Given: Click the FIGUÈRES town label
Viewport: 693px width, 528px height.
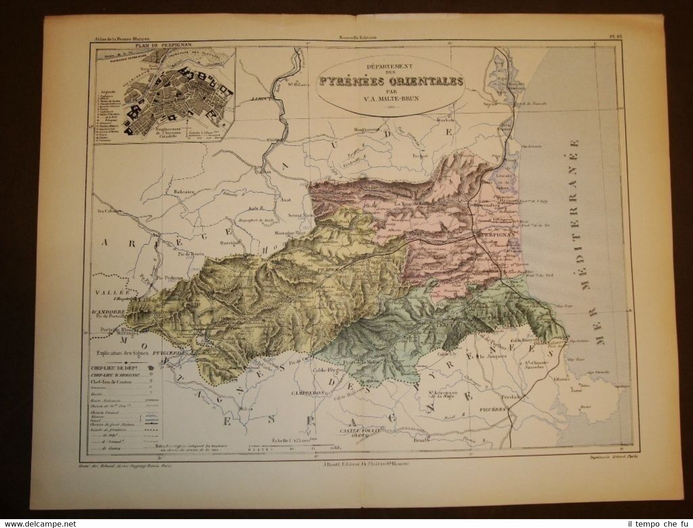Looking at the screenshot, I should click(x=491, y=409).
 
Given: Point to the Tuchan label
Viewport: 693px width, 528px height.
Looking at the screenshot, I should click(x=420, y=156).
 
